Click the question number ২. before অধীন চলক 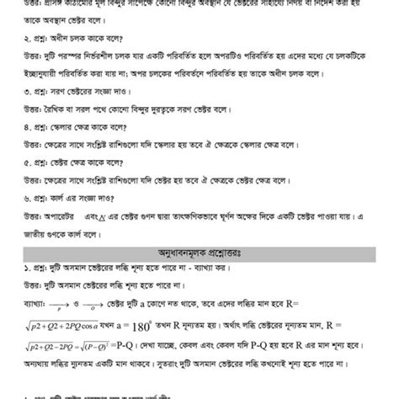point(4,37)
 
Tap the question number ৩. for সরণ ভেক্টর point(4,88)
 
